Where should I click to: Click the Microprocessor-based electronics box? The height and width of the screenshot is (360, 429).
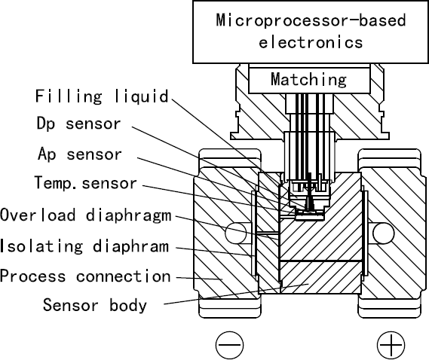pyautogui.click(x=311, y=32)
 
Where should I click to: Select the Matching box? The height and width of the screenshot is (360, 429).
pyautogui.click(x=309, y=78)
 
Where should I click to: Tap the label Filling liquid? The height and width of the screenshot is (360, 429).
pyautogui.click(x=102, y=96)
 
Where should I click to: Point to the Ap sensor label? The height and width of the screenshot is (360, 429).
pyautogui.click(x=79, y=154)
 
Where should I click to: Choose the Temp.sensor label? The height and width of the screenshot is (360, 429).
pyautogui.click(x=86, y=183)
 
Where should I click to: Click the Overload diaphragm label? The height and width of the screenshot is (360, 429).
pyautogui.click(x=86, y=215)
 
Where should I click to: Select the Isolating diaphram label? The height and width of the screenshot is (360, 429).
pyautogui.click(x=84, y=246)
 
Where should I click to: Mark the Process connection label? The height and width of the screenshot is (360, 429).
pyautogui.click(x=85, y=276)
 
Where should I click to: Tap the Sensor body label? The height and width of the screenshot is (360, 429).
pyautogui.click(x=94, y=305)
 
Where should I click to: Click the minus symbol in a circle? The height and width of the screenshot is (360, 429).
pyautogui.click(x=229, y=344)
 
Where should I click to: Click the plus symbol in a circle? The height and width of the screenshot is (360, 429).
pyautogui.click(x=391, y=344)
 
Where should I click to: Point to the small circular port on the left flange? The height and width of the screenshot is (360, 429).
pyautogui.click(x=235, y=230)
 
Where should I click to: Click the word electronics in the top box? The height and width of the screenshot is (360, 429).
pyautogui.click(x=311, y=42)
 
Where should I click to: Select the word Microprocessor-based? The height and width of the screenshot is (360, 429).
pyautogui.click(x=311, y=20)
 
